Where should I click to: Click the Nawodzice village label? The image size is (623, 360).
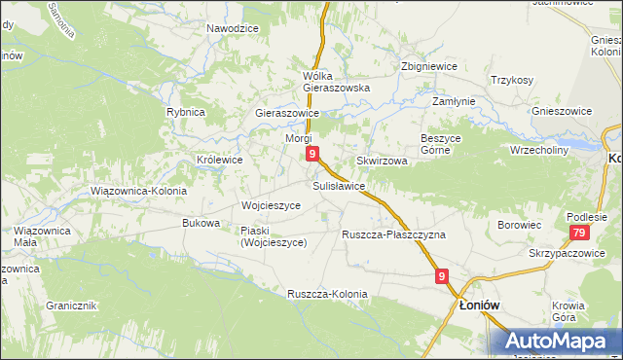pos(232,28)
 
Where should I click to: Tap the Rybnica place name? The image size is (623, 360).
pos(185,112)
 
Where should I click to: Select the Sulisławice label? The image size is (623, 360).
pos(339,185)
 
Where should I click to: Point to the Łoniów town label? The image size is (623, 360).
pos(479,305)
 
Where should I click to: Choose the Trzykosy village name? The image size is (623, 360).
pos(512,80)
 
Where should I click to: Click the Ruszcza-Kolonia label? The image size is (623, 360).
pos(327,294)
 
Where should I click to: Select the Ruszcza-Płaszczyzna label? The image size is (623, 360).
pos(393,234)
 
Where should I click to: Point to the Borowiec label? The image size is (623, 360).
pos(519,225)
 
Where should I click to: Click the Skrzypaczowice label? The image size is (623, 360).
pos(561,253)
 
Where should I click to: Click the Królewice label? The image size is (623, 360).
pos(219,160)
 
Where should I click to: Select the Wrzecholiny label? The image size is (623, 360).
pos(538,150)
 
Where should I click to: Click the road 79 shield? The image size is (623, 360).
pos(578,233)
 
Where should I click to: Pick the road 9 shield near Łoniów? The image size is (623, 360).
pos(442,277)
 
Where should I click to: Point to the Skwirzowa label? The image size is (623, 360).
pos(381,161)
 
